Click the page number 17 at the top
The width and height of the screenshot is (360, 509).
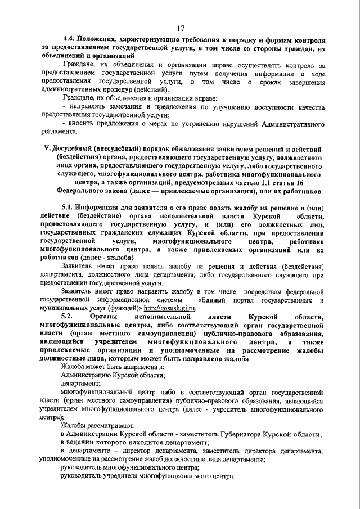[x=180, y=29]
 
